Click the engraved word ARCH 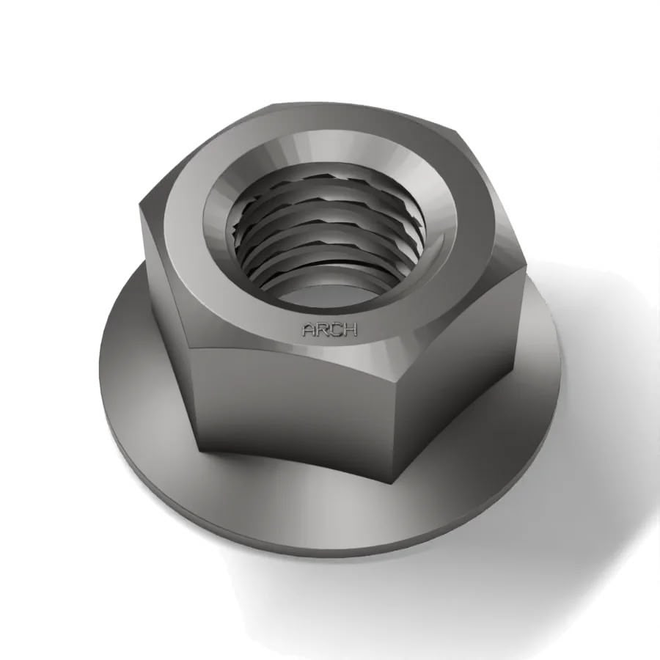tap(329, 330)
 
